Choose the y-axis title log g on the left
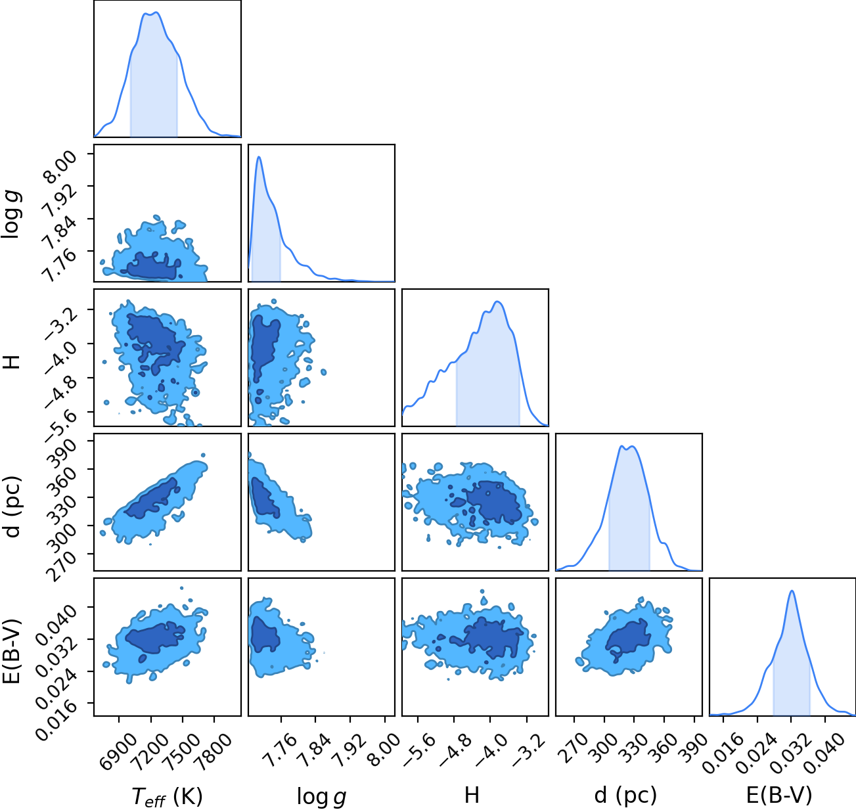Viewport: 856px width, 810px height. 11,215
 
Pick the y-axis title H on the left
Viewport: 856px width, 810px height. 11,362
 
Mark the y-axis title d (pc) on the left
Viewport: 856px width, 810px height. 11,507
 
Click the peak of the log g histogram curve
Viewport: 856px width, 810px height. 259,156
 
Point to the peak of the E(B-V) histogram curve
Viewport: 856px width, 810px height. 792,591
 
